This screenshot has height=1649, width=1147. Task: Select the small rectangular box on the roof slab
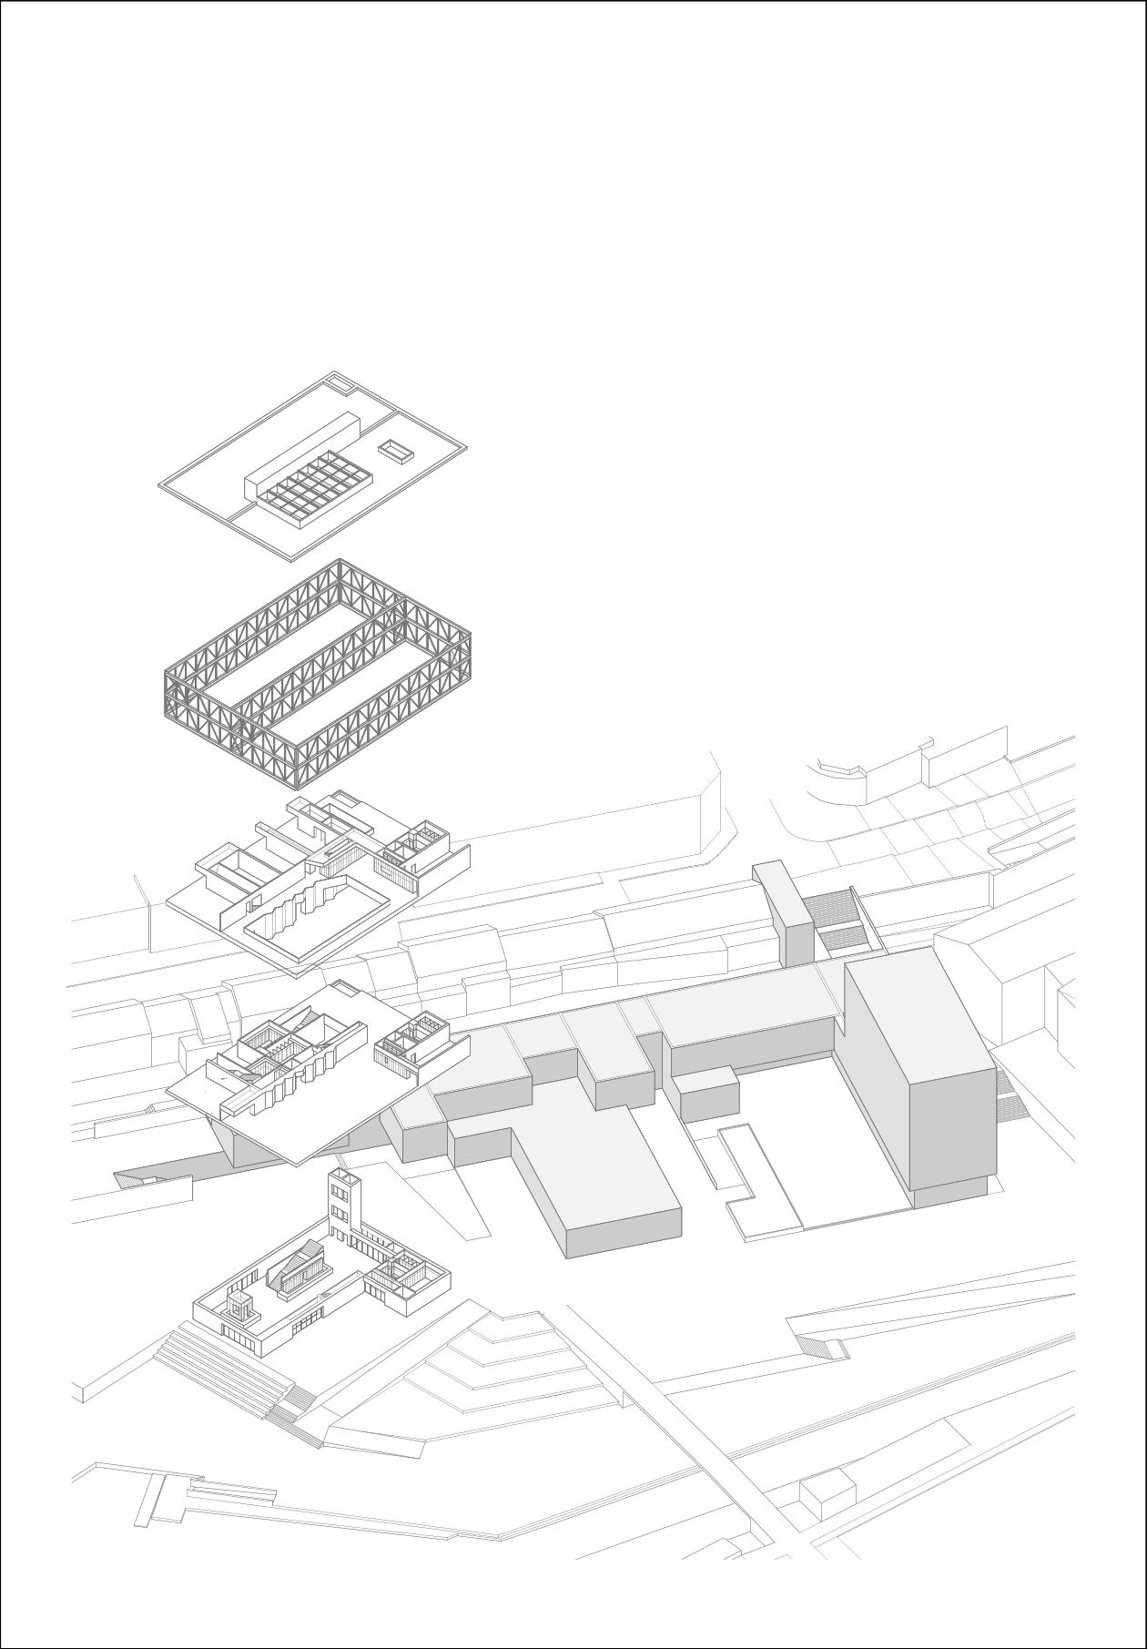click(397, 450)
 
